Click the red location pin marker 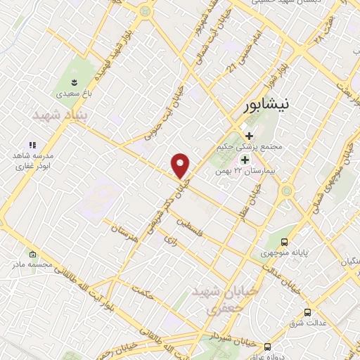tap(181, 166)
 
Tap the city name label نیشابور tap(265, 106)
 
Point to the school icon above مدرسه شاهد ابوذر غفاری tap(32, 144)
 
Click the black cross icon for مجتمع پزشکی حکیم tap(249, 135)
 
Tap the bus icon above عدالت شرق tap(307, 312)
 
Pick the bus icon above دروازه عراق tap(267, 347)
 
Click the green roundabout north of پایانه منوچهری tap(287, 191)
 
